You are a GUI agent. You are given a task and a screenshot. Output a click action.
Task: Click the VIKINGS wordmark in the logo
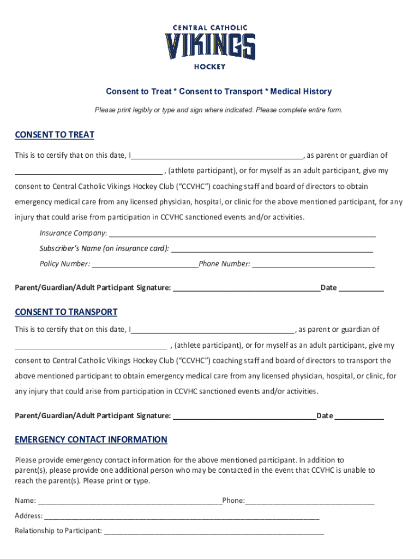(x=210, y=46)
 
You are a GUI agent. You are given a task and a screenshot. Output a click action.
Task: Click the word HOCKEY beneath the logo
(x=210, y=67)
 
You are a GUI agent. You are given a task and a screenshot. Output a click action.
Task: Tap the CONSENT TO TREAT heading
(x=55, y=135)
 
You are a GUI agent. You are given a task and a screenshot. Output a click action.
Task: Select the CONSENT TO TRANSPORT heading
(x=66, y=312)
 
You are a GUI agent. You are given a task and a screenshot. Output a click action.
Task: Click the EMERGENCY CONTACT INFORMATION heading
(x=91, y=440)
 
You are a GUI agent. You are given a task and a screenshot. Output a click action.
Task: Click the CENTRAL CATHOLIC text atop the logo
(x=210, y=27)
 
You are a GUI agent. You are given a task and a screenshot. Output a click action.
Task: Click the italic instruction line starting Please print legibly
(x=218, y=110)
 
